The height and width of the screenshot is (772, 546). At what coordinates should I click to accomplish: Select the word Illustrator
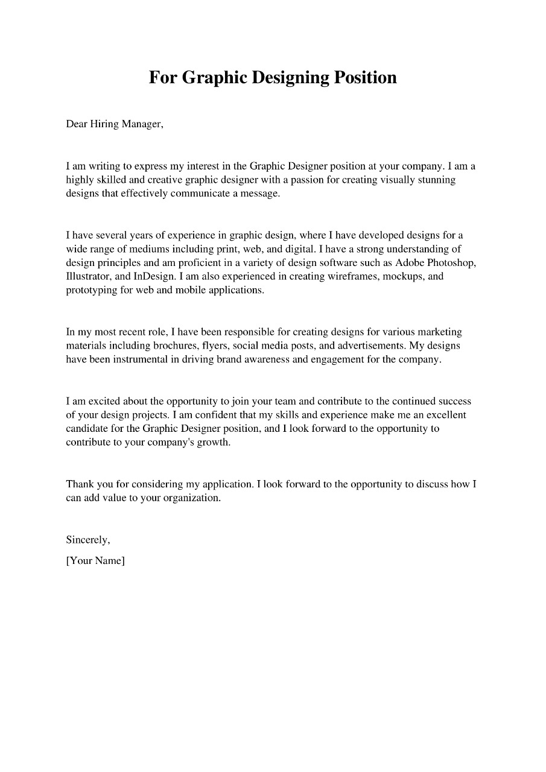pos(88,276)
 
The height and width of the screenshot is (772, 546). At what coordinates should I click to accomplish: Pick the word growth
pos(214,443)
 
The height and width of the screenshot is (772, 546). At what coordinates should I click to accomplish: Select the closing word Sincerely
pos(87,540)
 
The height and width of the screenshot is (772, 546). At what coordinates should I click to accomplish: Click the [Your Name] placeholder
pos(95,560)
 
